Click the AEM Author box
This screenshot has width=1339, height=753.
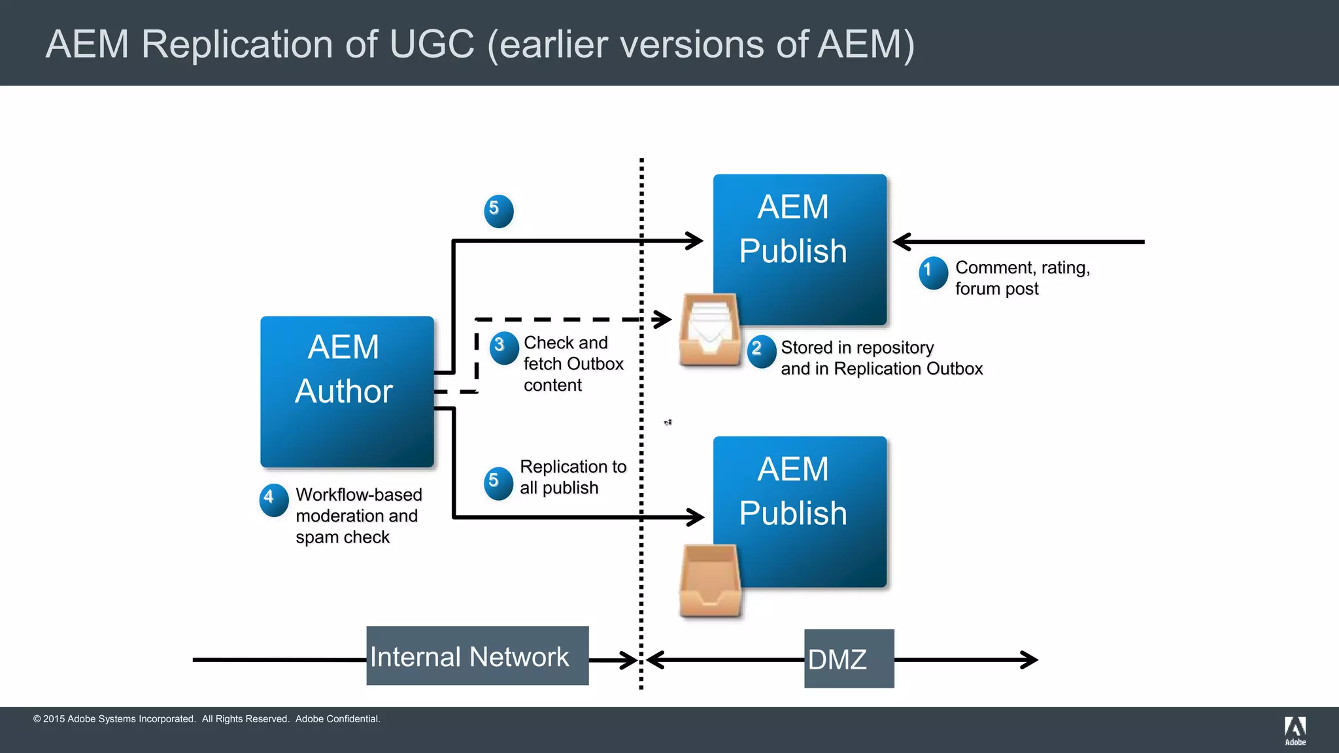click(347, 392)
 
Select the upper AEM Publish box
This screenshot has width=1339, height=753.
click(799, 248)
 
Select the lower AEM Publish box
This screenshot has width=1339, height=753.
click(799, 511)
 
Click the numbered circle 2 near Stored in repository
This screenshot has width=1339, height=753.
click(761, 351)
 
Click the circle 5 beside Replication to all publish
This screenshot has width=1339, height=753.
click(498, 483)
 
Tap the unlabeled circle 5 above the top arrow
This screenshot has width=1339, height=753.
click(498, 211)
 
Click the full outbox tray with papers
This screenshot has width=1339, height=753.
click(709, 330)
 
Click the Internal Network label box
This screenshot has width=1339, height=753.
click(477, 656)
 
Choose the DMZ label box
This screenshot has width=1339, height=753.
click(849, 658)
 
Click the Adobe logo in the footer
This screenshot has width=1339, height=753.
click(1295, 730)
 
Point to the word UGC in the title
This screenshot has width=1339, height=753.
click(432, 44)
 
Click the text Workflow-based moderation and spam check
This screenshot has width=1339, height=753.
click(358, 516)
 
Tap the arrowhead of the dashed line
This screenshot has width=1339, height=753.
click(664, 320)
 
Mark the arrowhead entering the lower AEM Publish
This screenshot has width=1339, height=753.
click(696, 517)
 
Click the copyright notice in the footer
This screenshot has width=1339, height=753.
click(207, 719)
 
